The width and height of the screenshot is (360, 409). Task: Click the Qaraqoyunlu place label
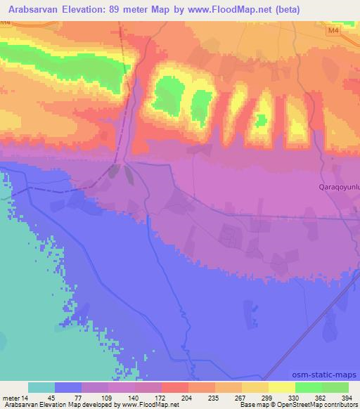(340, 187)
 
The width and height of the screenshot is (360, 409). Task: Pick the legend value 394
(348, 398)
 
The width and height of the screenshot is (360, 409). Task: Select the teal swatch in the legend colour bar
(41, 387)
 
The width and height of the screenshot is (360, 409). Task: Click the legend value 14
(27, 398)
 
